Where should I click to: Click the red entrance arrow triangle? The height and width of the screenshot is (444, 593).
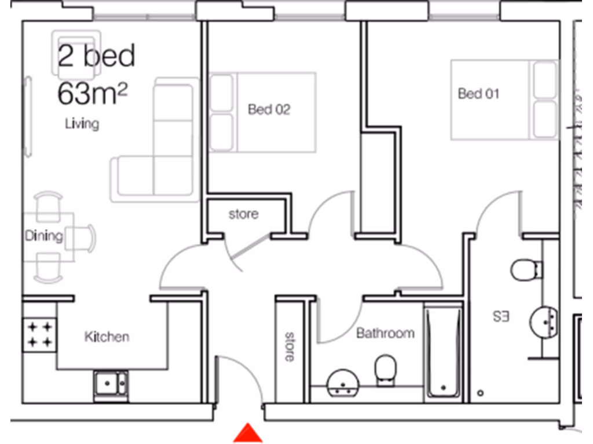point(248,434)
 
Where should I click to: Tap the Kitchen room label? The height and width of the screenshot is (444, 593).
point(107,336)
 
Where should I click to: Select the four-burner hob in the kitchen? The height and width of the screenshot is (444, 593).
point(40,335)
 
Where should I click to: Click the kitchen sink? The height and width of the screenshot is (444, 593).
point(111,383)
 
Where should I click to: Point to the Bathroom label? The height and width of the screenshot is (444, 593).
point(385,333)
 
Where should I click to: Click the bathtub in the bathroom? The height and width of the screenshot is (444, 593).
point(443,353)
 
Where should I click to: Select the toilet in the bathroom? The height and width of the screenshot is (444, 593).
point(385,368)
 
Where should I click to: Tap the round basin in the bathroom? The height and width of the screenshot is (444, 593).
point(343,383)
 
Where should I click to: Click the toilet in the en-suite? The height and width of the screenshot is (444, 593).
point(526,269)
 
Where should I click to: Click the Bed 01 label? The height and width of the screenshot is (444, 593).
point(478,93)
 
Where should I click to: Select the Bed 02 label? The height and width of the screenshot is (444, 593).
point(269,109)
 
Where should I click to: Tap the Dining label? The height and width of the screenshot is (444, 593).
point(43,236)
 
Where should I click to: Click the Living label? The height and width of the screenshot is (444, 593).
point(82,123)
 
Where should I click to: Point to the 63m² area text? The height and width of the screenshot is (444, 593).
point(93,94)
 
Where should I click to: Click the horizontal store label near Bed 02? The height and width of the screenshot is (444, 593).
point(243,214)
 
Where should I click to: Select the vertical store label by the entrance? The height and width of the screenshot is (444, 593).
point(288,346)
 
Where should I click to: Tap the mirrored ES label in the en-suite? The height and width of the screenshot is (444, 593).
point(501,317)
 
